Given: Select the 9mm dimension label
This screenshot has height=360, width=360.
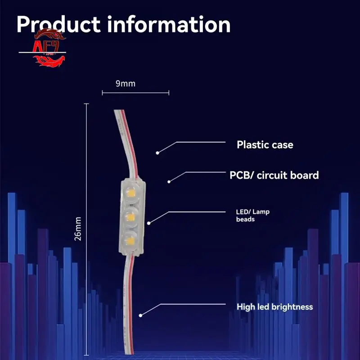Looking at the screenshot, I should click(x=126, y=83).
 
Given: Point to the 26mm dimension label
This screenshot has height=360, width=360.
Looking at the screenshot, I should click(x=78, y=229).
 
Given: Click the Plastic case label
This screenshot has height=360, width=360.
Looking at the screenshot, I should click(x=265, y=145).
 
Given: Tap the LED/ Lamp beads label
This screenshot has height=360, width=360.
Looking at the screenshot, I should click(x=253, y=215).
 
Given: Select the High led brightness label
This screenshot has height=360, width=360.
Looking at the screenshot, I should click(x=274, y=307).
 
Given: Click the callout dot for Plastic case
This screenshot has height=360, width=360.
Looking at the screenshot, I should click(x=157, y=153).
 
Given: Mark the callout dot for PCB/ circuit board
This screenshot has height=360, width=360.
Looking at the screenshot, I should click(x=169, y=181).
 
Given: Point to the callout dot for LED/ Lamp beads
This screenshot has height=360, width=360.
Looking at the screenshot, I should click(x=148, y=222).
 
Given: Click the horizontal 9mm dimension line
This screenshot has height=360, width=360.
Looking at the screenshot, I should click(x=135, y=93).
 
